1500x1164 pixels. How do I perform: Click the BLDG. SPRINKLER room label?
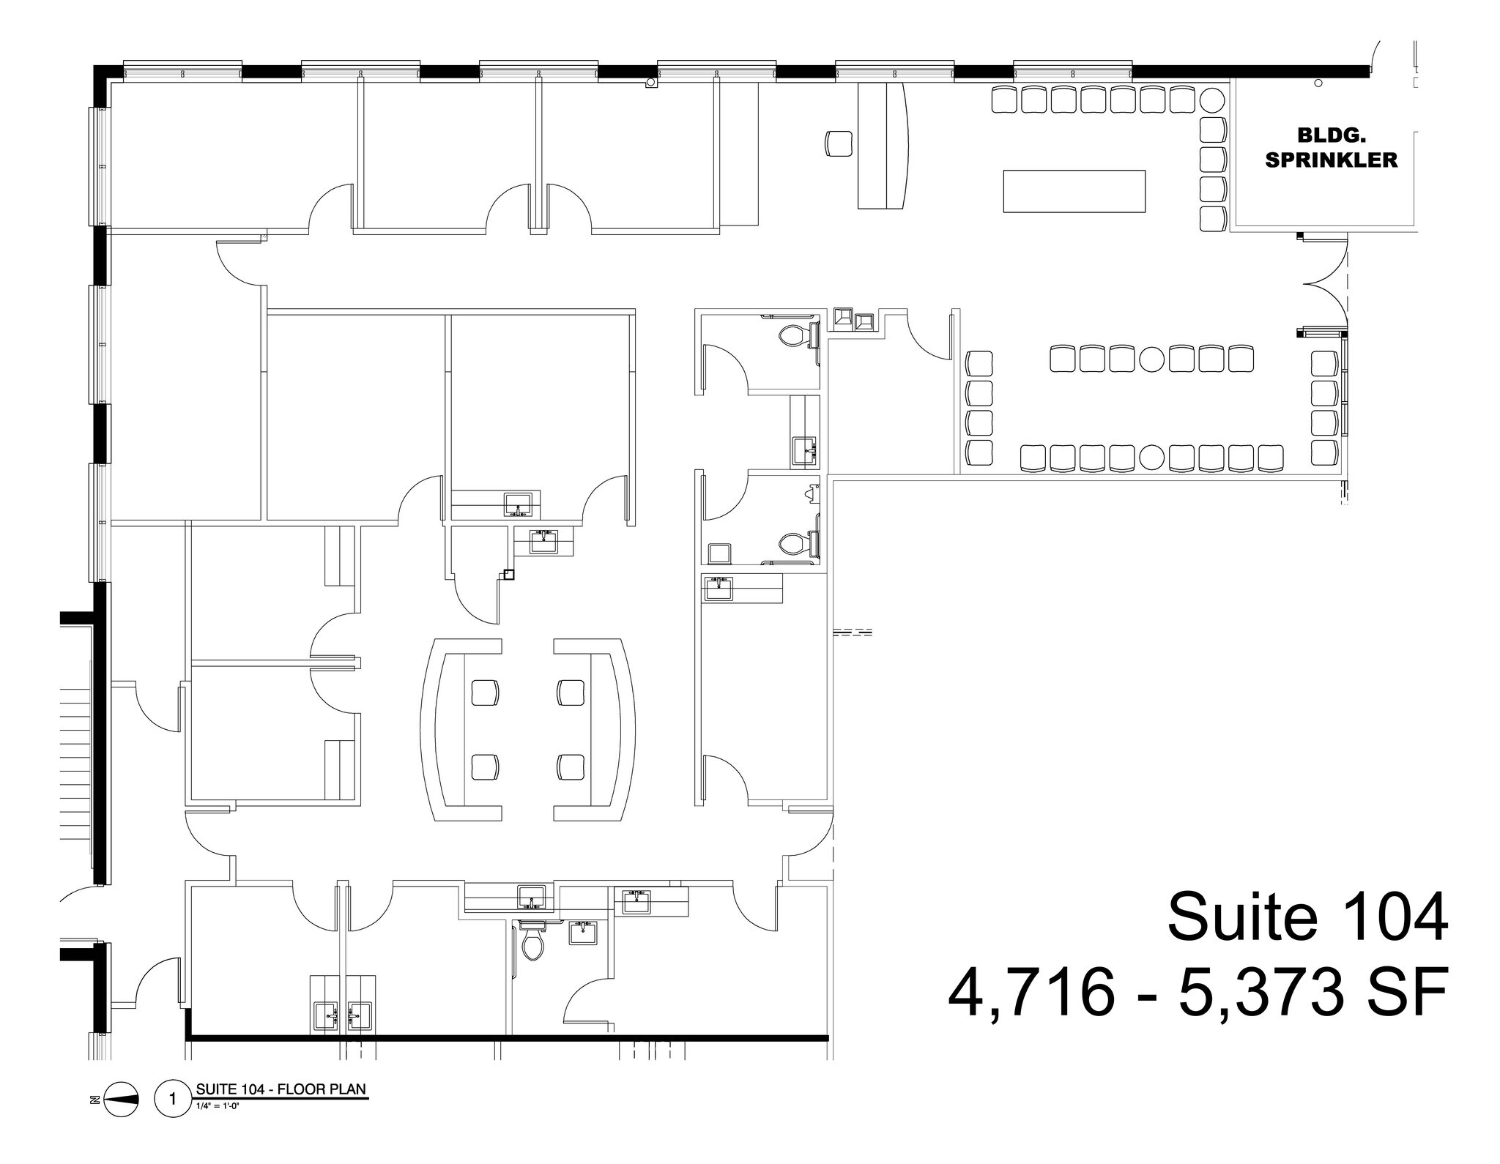tap(1331, 147)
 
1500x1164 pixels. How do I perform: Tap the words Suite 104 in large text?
tap(1307, 917)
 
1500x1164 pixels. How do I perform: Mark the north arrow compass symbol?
tap(121, 1100)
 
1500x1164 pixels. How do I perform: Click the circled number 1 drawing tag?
tap(173, 1100)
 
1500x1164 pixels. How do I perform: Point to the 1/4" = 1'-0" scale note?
tap(218, 1105)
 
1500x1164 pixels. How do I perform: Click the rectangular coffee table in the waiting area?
tap(1074, 191)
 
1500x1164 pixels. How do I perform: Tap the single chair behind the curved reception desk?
tap(839, 143)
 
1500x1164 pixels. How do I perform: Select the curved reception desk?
tap(884, 146)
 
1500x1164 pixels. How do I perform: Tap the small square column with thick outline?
tap(509, 575)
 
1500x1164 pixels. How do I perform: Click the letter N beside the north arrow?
tap(93, 1100)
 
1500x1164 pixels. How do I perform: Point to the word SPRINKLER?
tap(1331, 160)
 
